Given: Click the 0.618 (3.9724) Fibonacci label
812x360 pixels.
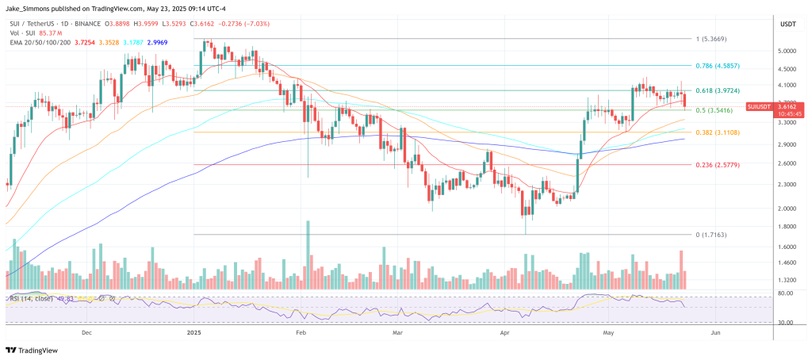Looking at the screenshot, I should (x=717, y=90).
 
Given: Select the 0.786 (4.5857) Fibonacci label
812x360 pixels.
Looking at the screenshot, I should (x=717, y=65).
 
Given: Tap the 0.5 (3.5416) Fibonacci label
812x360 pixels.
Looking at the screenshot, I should (x=714, y=110).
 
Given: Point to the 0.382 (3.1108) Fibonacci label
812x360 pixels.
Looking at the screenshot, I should (x=717, y=132).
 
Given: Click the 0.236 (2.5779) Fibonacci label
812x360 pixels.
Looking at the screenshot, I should (x=717, y=165).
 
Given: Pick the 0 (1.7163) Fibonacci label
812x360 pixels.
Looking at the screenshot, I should (x=711, y=235).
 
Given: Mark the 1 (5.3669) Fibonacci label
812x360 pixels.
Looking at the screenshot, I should (x=711, y=39).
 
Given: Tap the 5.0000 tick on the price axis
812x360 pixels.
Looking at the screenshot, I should (x=787, y=50).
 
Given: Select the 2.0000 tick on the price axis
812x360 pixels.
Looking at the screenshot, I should (x=787, y=209).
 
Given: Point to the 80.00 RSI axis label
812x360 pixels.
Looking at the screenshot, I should (x=786, y=293).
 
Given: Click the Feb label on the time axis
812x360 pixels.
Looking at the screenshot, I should (x=301, y=334).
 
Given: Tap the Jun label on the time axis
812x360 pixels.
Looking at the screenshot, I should (x=715, y=334).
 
